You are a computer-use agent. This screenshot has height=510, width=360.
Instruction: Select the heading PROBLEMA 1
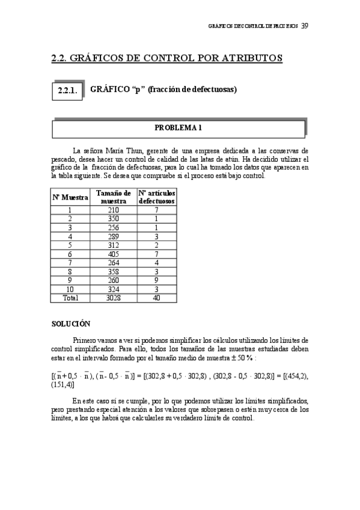(178, 127)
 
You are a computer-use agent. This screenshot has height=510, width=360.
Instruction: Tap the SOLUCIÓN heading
(71, 324)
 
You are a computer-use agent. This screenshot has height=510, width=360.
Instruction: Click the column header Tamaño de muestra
(114, 197)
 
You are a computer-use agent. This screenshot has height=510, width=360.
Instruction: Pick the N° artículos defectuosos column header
(156, 197)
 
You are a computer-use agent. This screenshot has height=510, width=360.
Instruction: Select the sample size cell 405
(114, 254)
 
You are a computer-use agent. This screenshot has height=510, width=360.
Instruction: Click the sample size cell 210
(114, 210)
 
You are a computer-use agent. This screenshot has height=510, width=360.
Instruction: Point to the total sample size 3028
(114, 298)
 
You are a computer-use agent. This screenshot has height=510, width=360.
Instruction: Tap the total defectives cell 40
(156, 298)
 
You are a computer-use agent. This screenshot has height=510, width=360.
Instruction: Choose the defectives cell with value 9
(156, 280)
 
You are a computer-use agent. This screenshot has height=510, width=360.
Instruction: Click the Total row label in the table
(70, 298)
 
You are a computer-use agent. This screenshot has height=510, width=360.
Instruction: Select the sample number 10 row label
(70, 289)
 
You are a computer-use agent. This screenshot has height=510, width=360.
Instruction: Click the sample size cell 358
(114, 272)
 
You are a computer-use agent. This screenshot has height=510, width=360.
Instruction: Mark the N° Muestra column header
(70, 197)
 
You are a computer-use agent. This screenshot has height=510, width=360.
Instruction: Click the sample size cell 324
(114, 289)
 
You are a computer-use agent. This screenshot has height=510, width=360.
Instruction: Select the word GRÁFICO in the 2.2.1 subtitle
(107, 90)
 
